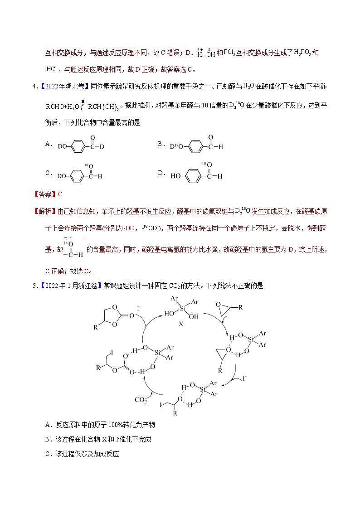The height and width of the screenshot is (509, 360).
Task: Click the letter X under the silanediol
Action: click(181, 325)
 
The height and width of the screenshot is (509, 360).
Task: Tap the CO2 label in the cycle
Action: click(141, 400)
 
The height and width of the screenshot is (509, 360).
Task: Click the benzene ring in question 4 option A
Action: click(78, 146)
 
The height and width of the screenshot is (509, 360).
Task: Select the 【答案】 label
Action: click(45, 194)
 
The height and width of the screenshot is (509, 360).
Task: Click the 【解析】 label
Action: click(45, 211)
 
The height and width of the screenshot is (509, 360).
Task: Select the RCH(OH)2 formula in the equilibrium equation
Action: click(102, 107)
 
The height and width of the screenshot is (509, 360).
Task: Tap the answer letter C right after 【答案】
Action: click(60, 194)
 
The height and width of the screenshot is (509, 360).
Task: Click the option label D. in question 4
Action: click(161, 173)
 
